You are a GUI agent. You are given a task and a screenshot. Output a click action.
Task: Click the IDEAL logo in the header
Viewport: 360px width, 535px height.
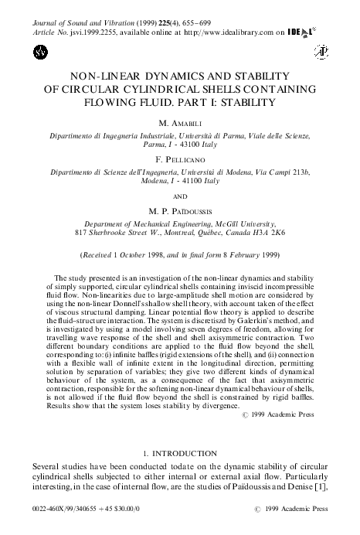coord(309,34)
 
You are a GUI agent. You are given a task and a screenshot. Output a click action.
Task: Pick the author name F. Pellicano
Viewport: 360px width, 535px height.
coord(180,153)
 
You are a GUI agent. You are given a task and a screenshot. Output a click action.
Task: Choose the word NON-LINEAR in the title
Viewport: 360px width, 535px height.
coord(116,77)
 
